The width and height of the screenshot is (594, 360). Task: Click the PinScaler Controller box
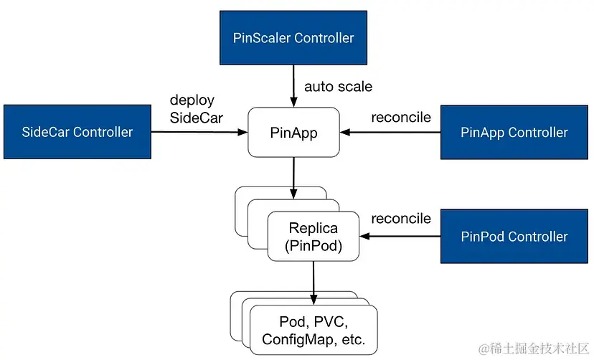click(294, 38)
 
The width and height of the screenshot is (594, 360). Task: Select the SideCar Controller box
click(77, 132)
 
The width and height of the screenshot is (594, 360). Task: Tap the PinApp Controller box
click(514, 132)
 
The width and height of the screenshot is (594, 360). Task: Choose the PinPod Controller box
click(514, 237)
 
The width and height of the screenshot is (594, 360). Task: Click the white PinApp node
click(293, 133)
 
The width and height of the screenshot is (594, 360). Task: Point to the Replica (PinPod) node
click(313, 237)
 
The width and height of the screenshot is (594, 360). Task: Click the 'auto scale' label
click(339, 87)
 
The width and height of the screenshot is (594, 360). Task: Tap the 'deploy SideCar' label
click(192, 108)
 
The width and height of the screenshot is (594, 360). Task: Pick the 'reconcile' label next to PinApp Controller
click(401, 117)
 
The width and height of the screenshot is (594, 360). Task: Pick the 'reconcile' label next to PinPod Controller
click(401, 219)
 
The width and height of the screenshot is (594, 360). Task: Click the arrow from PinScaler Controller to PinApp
click(293, 87)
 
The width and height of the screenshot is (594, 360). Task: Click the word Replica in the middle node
click(313, 229)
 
